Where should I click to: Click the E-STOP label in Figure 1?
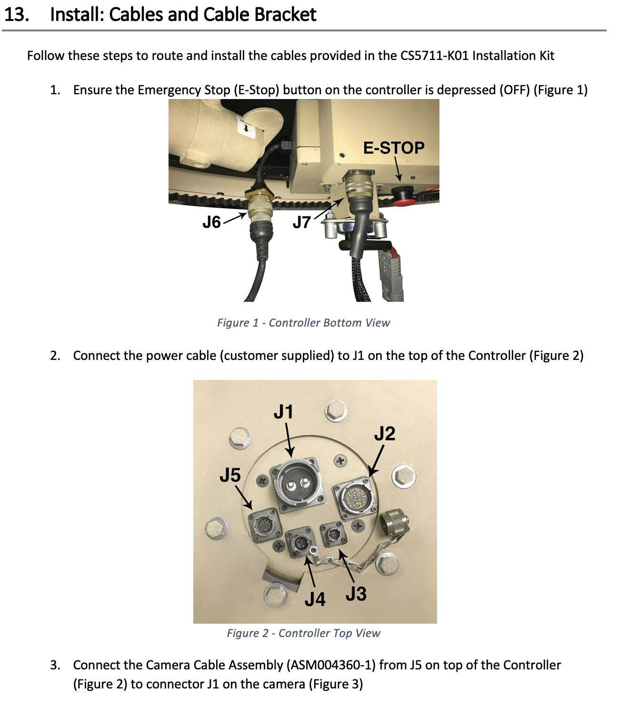tap(393, 148)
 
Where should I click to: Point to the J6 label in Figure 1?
tap(212, 222)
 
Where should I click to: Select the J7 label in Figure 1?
tap(301, 222)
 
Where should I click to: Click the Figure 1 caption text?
tap(303, 323)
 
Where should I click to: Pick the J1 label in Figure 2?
tap(283, 412)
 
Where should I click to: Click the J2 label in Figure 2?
tap(384, 434)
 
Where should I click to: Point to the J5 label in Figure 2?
tap(230, 475)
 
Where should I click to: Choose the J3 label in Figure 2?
tap(356, 594)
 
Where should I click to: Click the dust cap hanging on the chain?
tap(394, 523)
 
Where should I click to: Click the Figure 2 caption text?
tap(303, 633)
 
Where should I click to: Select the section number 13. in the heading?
tap(17, 15)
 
